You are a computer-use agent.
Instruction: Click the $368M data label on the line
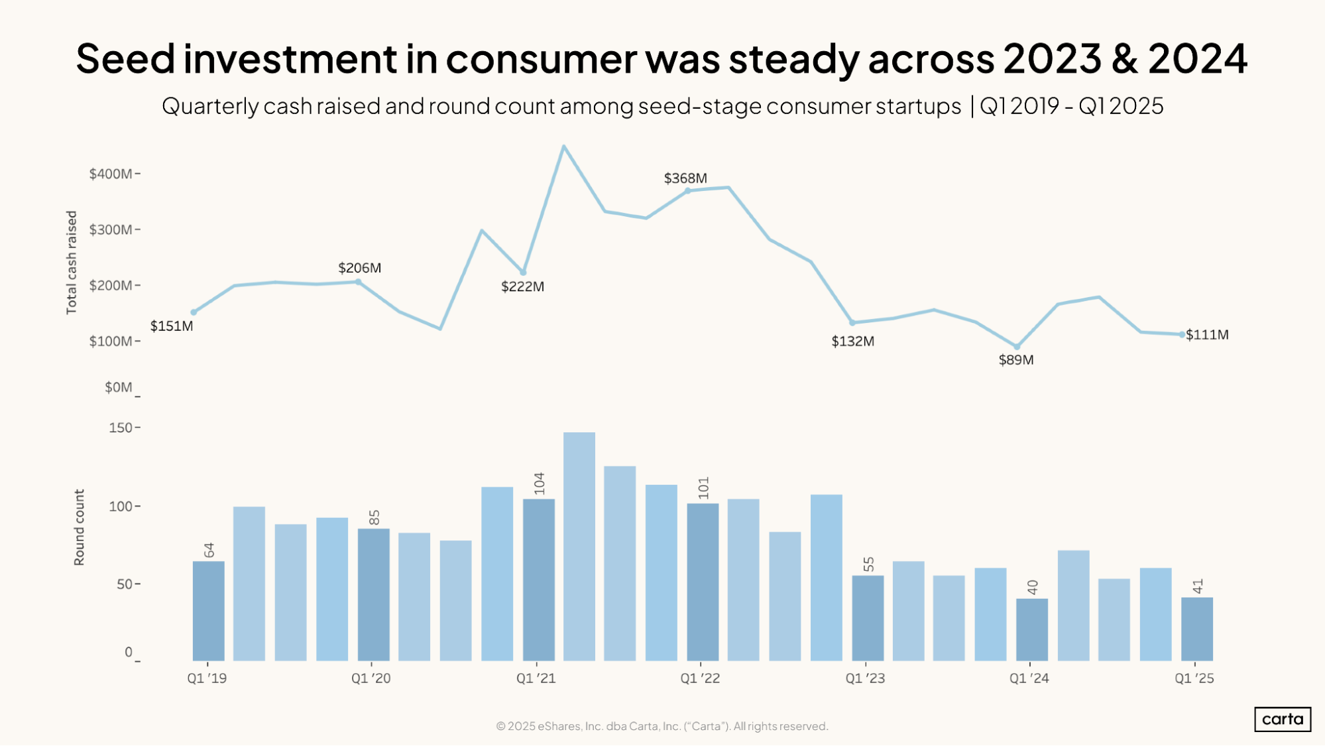[x=685, y=178]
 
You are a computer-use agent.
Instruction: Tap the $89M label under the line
[x=1016, y=360]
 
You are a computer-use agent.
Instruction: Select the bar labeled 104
[x=538, y=580]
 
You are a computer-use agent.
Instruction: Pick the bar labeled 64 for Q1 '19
[x=208, y=611]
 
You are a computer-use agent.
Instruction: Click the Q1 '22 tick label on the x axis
[x=700, y=678]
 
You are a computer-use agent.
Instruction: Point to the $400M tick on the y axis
[x=111, y=174]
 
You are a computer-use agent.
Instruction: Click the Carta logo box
[x=1282, y=719]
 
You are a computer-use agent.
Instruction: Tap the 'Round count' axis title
[x=80, y=528]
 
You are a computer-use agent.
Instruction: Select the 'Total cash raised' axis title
[x=72, y=263]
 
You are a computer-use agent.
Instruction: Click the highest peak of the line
[x=563, y=147]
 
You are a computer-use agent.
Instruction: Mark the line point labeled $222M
[x=523, y=273]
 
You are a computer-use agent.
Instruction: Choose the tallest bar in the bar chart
[x=579, y=546]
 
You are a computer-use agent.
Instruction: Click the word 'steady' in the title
[x=794, y=58]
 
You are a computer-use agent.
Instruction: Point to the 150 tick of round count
[x=121, y=428]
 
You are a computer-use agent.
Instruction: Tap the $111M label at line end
[x=1207, y=335]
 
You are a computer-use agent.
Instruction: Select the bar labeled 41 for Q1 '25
[x=1196, y=629]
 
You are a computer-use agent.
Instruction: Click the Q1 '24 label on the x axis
[x=1029, y=678]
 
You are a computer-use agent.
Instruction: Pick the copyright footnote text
[x=662, y=726]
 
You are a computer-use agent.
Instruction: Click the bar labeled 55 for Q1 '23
[x=868, y=618]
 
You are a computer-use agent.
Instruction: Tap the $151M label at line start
[x=172, y=326]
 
